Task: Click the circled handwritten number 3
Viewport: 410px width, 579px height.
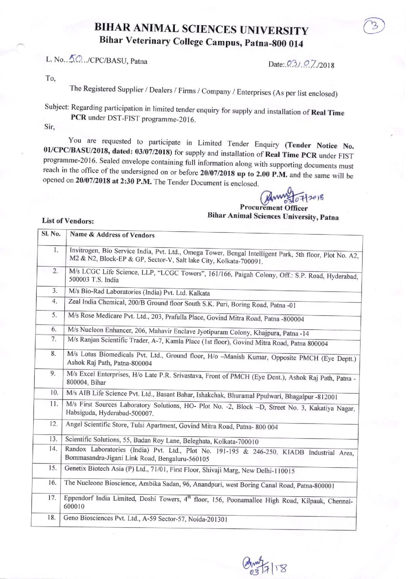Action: click(374, 26)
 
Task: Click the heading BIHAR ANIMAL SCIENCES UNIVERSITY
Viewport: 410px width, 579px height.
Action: click(201, 29)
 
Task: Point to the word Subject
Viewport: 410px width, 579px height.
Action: click(56, 106)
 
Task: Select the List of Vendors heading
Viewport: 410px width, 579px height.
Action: click(68, 221)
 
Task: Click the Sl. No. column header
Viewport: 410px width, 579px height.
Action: click(51, 234)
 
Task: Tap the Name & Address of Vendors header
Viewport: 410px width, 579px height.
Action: click(112, 235)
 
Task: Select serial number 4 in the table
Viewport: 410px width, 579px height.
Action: click(55, 301)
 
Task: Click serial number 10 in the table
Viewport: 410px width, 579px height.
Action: click(54, 393)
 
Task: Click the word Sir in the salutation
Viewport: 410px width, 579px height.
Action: click(50, 126)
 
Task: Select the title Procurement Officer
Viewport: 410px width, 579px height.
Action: click(273, 208)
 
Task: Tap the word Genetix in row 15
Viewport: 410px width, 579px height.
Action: click(75, 468)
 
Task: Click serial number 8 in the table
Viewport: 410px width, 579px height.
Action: click(54, 354)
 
